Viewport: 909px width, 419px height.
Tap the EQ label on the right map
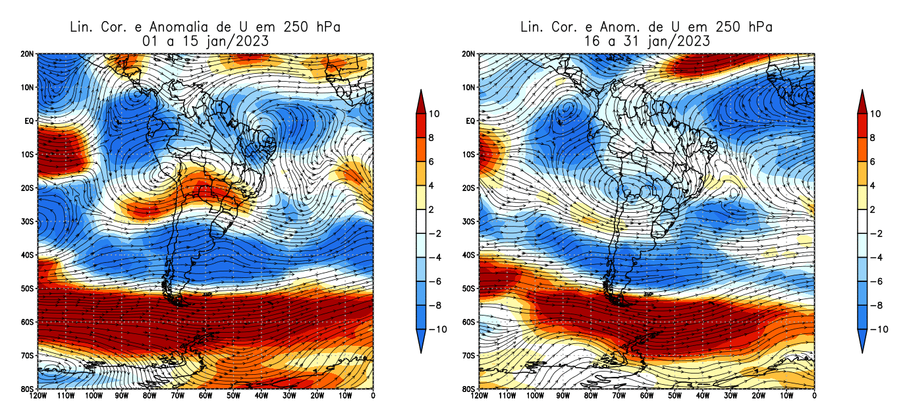(x=470, y=121)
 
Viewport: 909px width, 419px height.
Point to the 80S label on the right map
(x=470, y=389)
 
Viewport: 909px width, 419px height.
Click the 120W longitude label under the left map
(x=38, y=396)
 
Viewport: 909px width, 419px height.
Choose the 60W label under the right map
(x=646, y=396)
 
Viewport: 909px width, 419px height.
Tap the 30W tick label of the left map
(x=289, y=396)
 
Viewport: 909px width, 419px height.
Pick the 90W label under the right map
(x=563, y=396)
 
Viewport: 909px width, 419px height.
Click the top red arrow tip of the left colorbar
(x=421, y=92)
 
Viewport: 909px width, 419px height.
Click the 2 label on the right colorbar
(x=873, y=209)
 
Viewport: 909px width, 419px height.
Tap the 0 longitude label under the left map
(x=373, y=396)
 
